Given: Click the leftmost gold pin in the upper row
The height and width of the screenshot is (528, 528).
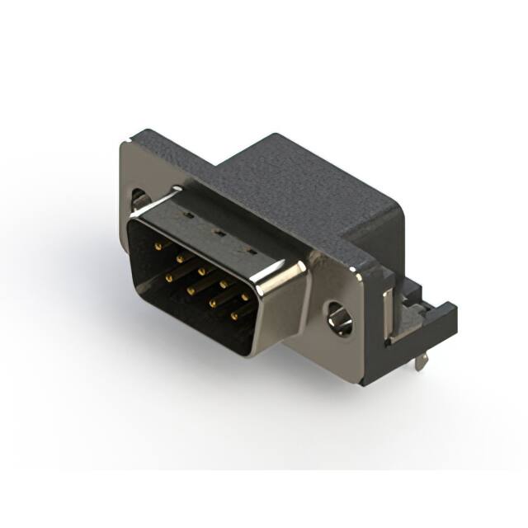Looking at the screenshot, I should [156, 245].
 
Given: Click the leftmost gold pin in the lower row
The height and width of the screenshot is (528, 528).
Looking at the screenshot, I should [167, 279].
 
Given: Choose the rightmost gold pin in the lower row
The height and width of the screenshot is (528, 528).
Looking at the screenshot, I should [234, 315].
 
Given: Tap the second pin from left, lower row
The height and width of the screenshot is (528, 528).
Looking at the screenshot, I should [190, 290].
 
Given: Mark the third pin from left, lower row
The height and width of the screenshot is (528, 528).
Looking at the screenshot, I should [212, 303].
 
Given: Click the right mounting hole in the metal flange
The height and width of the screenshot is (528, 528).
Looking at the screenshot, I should [339, 318].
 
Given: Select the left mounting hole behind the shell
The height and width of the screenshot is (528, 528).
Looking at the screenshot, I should [140, 200].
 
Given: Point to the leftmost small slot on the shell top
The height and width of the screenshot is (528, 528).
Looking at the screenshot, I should [185, 215].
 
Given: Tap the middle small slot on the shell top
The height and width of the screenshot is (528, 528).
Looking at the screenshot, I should [217, 233].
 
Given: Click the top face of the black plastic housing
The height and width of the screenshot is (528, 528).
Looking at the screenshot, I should [297, 181].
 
